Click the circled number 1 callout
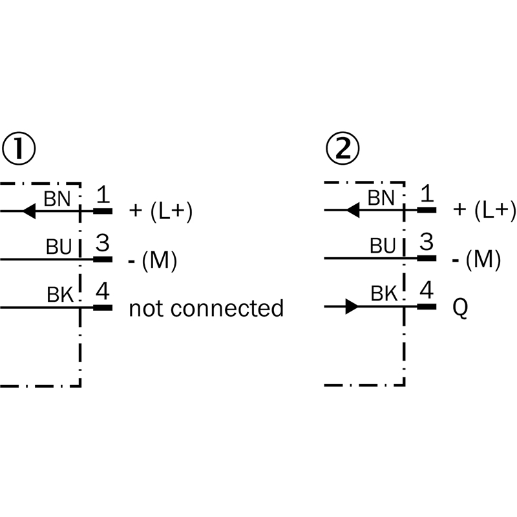tap(18, 149)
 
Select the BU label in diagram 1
tap(59, 247)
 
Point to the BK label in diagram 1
tap(61, 295)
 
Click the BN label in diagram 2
tap(381, 198)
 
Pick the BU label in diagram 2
tap(383, 247)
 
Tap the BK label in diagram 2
tap(384, 295)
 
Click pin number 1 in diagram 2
tap(426, 195)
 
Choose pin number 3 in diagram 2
tap(426, 243)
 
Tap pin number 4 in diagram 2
tap(426, 291)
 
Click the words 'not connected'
tap(206, 308)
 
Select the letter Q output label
tap(460, 309)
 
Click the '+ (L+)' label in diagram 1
tap(161, 211)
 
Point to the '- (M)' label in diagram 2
tap(477, 260)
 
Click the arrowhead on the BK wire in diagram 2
tap(351, 307)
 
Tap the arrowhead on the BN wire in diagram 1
tap(27, 211)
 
